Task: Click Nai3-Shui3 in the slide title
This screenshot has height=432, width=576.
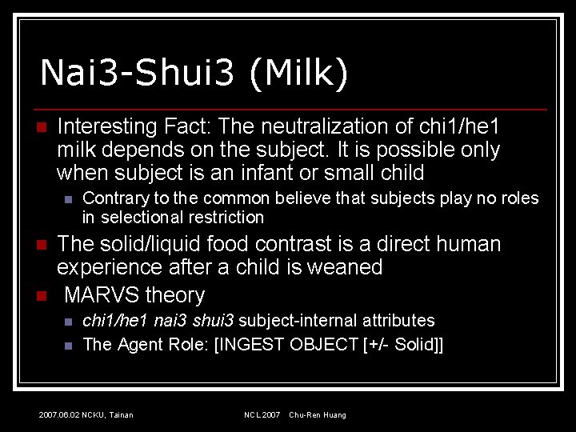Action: coord(137,73)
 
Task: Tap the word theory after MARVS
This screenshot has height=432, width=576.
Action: coord(175,295)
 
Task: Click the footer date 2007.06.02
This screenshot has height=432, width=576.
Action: coord(59,415)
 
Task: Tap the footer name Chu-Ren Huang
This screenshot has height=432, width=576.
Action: coord(318,415)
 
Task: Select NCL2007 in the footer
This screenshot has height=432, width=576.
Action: coord(262,415)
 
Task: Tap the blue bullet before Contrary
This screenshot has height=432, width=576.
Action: coord(68,199)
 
